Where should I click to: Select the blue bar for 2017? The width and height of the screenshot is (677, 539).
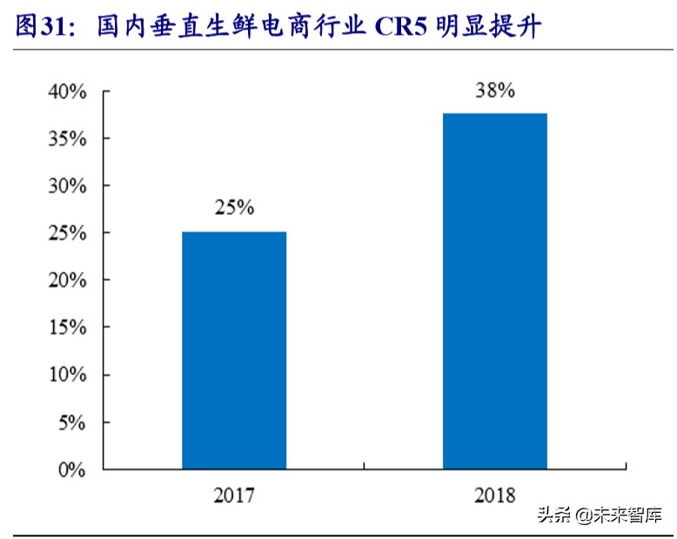(234, 350)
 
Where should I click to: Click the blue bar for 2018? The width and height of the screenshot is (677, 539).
(494, 291)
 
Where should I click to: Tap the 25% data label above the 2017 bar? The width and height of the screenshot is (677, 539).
(234, 209)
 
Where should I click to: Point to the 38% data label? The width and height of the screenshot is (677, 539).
(495, 91)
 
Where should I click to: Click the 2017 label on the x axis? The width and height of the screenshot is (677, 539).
(234, 496)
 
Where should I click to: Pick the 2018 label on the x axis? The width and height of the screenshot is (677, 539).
(495, 496)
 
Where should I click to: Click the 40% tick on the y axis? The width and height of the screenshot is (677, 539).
(68, 91)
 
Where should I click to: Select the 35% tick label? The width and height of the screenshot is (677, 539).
(68, 138)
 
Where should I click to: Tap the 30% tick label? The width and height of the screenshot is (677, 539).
(68, 186)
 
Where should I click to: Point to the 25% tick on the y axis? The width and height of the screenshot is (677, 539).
(68, 233)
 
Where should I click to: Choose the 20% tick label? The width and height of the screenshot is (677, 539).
(68, 280)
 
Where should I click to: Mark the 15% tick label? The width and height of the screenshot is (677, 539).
(68, 328)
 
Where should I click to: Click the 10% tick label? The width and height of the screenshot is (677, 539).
(68, 375)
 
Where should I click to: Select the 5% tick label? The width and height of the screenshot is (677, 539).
(73, 423)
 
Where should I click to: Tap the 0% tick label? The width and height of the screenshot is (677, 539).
(73, 470)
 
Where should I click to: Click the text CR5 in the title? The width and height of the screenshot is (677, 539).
(404, 28)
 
